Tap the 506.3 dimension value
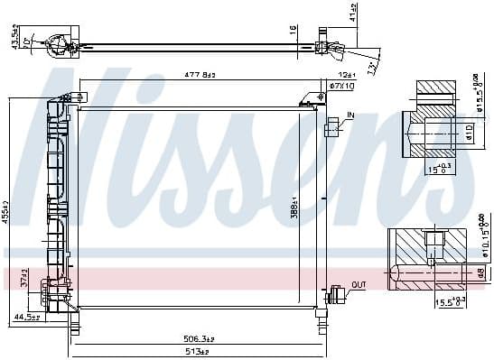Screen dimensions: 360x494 tap(197, 339)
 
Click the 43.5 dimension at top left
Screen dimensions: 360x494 tap(14, 41)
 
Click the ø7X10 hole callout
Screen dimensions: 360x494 tap(340, 86)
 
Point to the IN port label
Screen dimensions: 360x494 tap(350, 115)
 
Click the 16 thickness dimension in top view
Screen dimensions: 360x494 tap(292, 29)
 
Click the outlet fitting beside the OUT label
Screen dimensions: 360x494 tap(338, 292)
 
